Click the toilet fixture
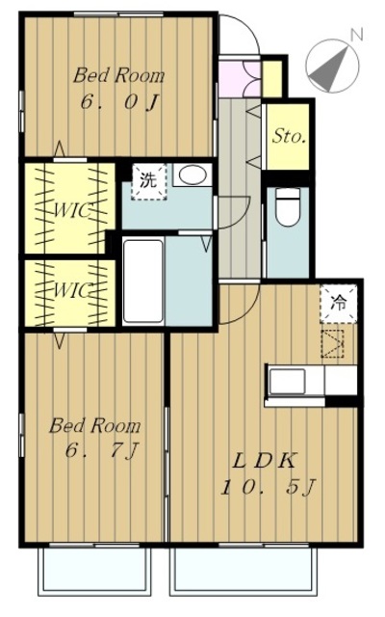(288, 207)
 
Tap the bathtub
(143, 281)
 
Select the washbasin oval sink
(191, 174)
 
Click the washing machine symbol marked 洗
(149, 181)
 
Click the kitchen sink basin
(287, 382)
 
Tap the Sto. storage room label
(289, 137)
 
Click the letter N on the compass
(356, 35)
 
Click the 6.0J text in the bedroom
(118, 102)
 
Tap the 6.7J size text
(102, 450)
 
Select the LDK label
(264, 461)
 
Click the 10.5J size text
(268, 489)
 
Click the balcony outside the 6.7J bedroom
(94, 570)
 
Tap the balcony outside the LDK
(244, 571)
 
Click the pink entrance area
(239, 79)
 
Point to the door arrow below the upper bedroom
(59, 149)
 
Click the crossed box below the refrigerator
(332, 344)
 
